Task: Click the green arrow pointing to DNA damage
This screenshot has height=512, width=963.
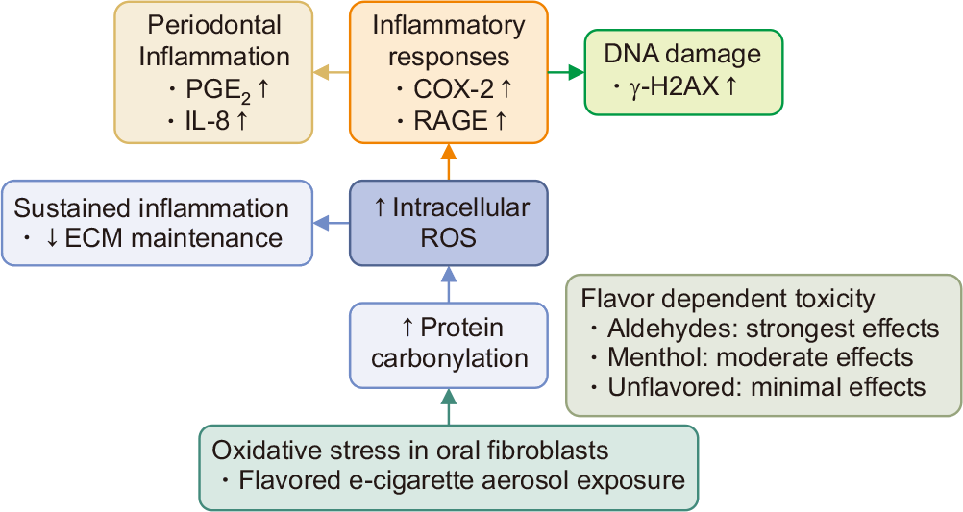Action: click(x=566, y=72)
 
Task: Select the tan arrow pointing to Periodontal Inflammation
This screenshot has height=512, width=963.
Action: click(x=331, y=72)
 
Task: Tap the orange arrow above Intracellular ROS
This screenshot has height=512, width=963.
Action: click(x=449, y=162)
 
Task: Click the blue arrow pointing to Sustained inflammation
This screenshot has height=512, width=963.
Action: click(x=331, y=224)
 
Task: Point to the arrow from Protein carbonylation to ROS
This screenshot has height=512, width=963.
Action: click(x=449, y=284)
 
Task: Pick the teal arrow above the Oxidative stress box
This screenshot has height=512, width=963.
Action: click(x=449, y=406)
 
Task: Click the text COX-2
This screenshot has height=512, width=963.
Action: click(x=454, y=89)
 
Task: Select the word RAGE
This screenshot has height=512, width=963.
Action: click(x=451, y=121)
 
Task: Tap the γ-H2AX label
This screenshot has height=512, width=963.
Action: click(x=674, y=86)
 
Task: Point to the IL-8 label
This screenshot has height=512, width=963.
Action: click(x=207, y=121)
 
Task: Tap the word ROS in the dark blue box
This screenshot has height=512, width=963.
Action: click(x=448, y=238)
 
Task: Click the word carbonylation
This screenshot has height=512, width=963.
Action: click(x=450, y=358)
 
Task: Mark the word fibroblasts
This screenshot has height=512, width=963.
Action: click(x=548, y=450)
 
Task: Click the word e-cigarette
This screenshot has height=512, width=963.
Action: click(x=396, y=480)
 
